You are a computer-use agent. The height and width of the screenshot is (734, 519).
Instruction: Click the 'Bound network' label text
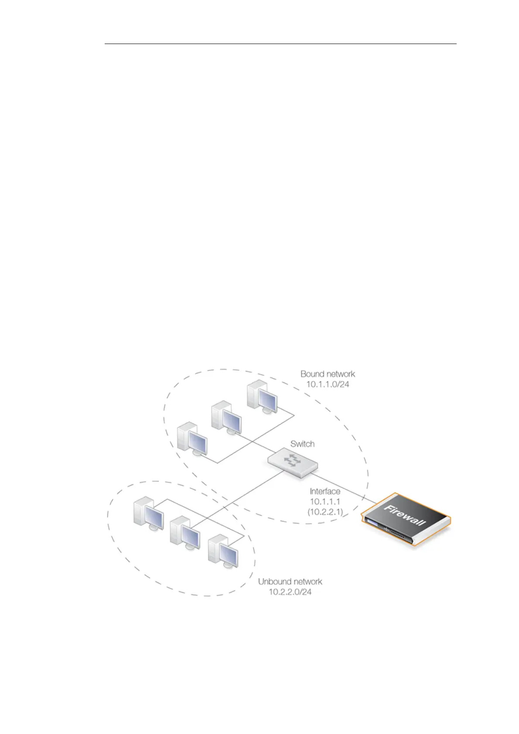[x=327, y=374]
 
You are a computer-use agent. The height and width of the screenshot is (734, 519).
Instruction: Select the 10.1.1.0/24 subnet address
[x=327, y=385]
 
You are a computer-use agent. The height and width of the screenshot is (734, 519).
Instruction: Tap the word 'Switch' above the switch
[x=302, y=444]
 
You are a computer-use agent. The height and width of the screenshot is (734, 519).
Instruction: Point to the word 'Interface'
[x=325, y=491]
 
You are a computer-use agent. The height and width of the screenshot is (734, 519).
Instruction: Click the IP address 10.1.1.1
[x=325, y=502]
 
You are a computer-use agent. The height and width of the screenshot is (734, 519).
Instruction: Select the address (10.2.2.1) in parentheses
[x=325, y=512]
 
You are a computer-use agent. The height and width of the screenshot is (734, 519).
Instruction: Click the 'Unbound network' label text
[x=290, y=581]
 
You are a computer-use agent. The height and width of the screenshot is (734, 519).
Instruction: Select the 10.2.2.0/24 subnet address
[x=290, y=592]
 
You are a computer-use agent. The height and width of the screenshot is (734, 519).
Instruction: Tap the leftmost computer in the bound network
[x=192, y=438]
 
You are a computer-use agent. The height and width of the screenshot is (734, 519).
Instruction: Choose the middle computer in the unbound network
[x=184, y=533]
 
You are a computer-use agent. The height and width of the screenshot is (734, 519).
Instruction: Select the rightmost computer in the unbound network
[x=223, y=553]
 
